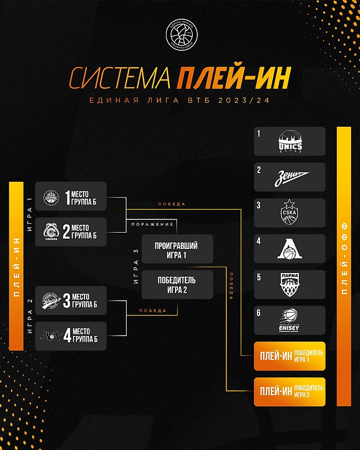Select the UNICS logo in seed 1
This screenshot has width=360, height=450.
click(290, 142)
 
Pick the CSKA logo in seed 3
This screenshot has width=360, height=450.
click(290, 213)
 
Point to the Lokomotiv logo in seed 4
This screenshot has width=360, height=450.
click(290, 249)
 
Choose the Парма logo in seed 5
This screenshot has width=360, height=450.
click(290, 285)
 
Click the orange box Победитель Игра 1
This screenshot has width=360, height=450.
click(290, 356)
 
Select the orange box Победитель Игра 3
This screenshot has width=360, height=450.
click(290, 392)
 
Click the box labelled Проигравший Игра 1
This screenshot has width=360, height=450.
click(177, 249)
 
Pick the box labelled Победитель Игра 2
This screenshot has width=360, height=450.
click(177, 284)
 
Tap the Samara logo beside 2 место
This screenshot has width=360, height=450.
click(51, 232)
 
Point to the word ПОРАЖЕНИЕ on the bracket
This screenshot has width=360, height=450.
click(152, 224)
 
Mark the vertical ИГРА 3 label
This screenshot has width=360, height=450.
click(136, 266)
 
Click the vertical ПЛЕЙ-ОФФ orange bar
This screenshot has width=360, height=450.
click(344, 266)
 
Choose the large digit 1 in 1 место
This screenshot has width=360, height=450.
click(68, 196)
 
